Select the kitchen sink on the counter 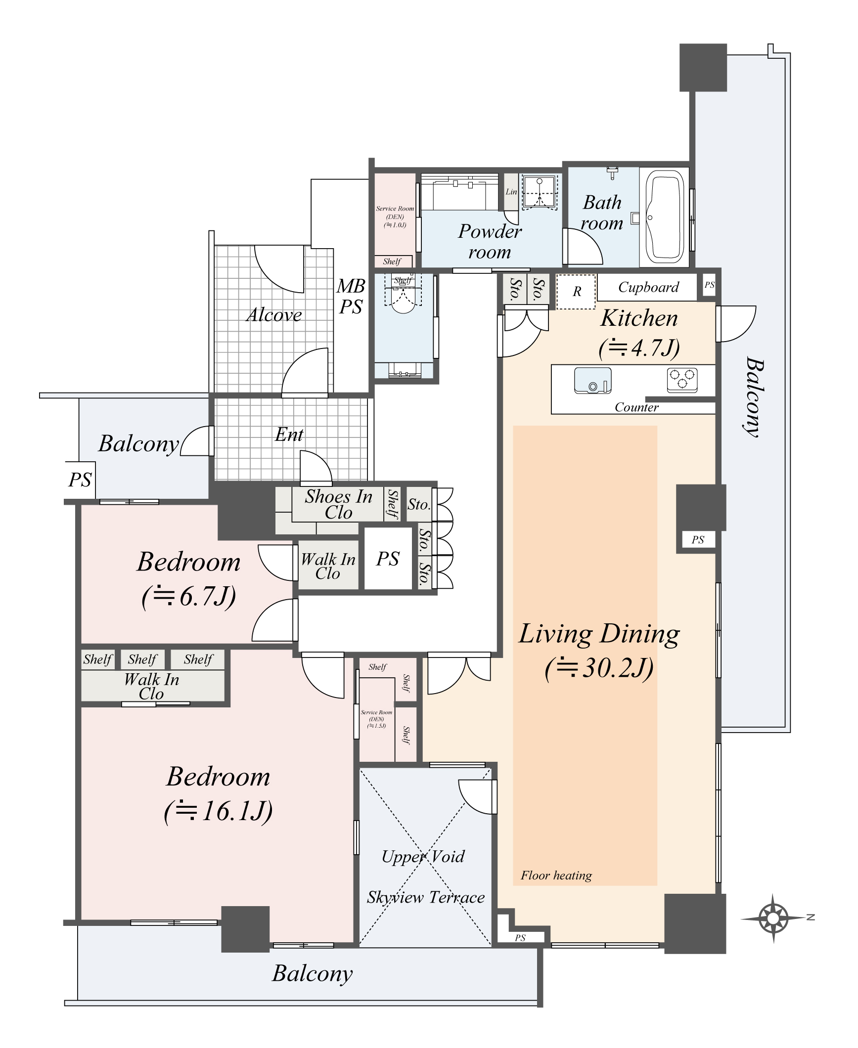pos(592,381)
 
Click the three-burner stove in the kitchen pos(682,379)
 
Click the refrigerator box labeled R pos(576,292)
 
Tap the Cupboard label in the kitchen pos(648,287)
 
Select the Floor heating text pos(556,875)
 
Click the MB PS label pos(351,296)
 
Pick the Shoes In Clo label pos(338,504)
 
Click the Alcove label pos(274,315)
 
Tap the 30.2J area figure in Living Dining pos(599,668)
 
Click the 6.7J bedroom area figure pos(188,596)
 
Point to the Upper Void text pos(423,856)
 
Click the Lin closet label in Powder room pos(511,192)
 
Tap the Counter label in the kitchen pos(636,407)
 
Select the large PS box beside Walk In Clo pos(388,559)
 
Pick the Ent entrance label pos(289,435)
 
